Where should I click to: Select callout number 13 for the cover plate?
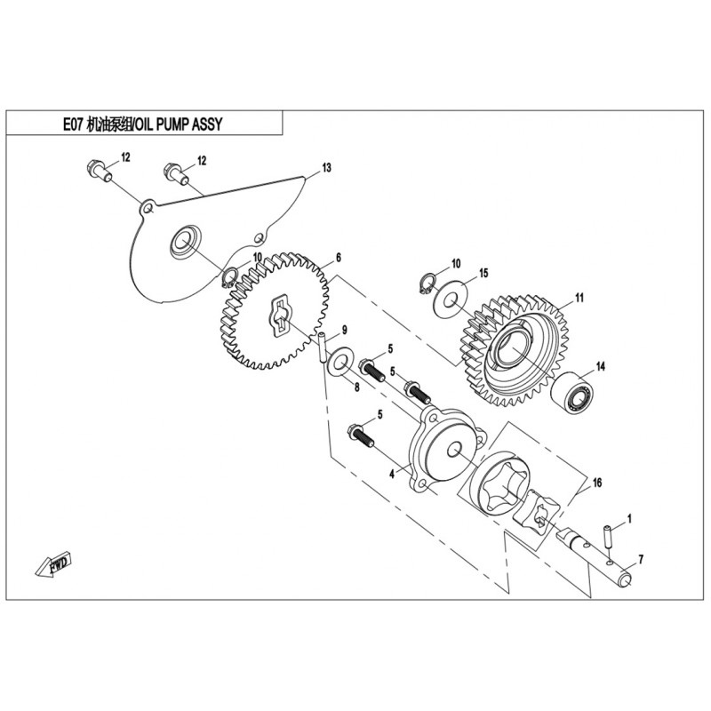click(326, 168)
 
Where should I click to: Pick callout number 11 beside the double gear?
click(578, 297)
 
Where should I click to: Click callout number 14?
click(600, 365)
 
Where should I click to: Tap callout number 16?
click(597, 482)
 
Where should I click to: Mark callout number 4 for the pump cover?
click(390, 475)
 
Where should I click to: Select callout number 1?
click(628, 516)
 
